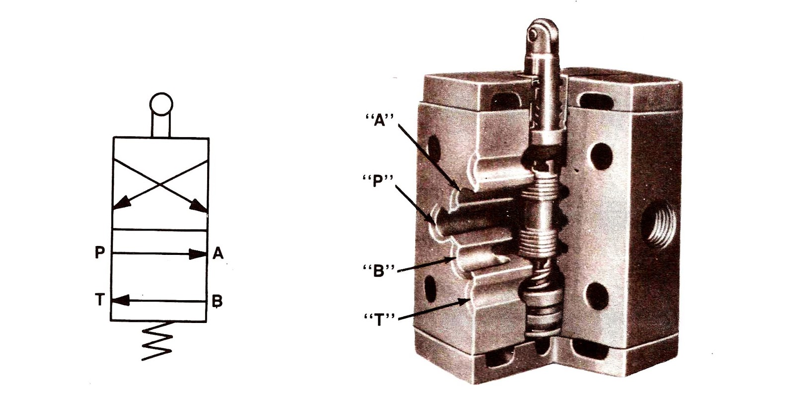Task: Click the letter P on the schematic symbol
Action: pyautogui.click(x=100, y=253)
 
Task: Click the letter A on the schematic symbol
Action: pyautogui.click(x=218, y=253)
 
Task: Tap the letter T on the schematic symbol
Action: pyautogui.click(x=100, y=300)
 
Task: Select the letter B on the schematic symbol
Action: pyautogui.click(x=217, y=301)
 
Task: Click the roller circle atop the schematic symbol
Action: pyautogui.click(x=161, y=104)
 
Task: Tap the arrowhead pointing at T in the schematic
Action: pyautogui.click(x=121, y=301)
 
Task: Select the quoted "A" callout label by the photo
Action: pyautogui.click(x=379, y=120)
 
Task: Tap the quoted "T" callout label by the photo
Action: pyautogui.click(x=379, y=319)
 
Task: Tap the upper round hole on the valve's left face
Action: pyautogui.click(x=433, y=148)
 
